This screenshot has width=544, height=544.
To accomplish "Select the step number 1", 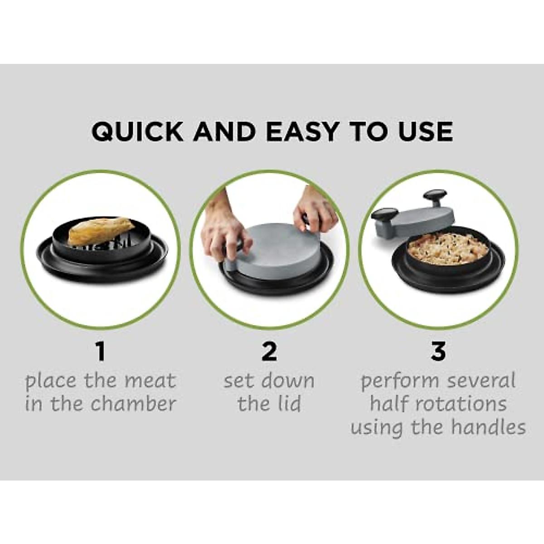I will click(x=100, y=352).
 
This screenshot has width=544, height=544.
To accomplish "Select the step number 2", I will click(x=269, y=352).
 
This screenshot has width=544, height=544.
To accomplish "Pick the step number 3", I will click(x=438, y=352).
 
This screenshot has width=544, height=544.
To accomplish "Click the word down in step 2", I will click(x=287, y=381).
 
